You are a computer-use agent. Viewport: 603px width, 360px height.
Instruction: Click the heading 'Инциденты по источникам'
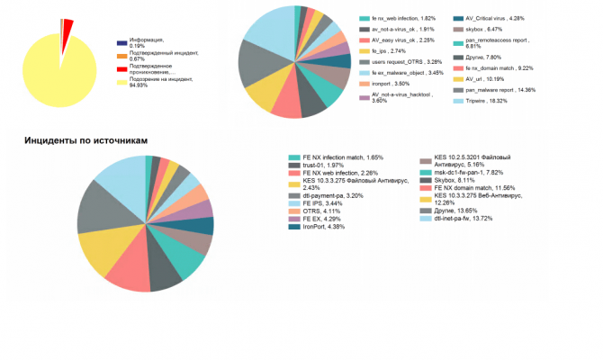pos(85,141)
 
